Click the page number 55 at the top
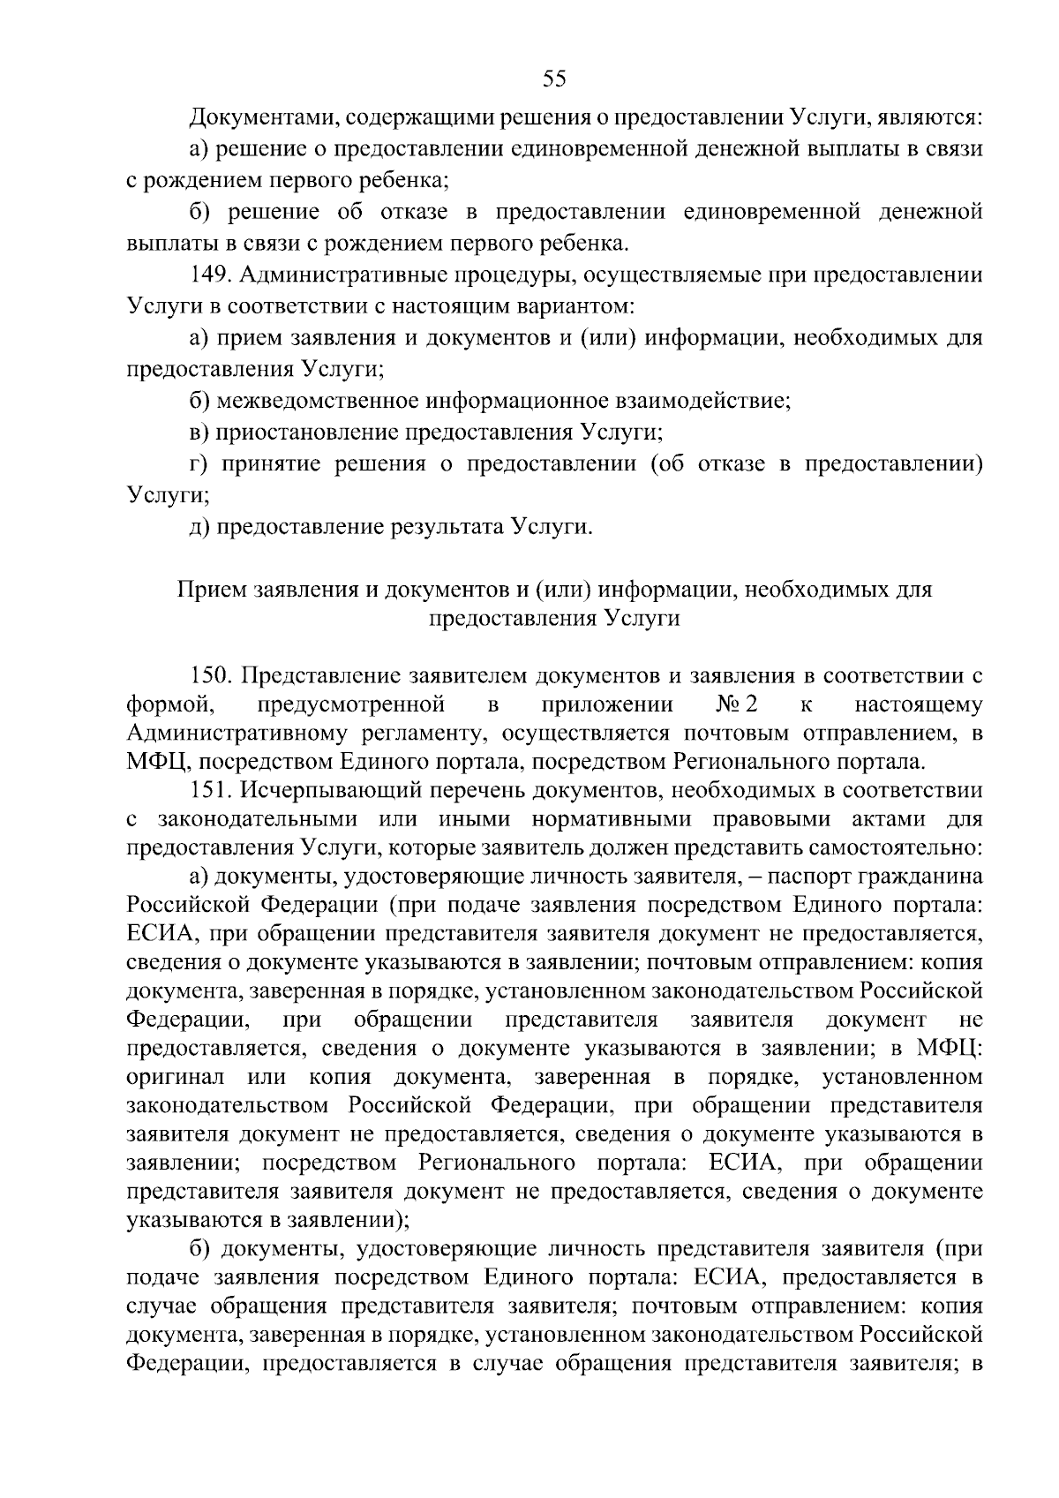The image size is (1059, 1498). (554, 79)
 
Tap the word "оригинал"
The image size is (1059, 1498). (176, 1077)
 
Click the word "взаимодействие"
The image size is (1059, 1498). (709, 402)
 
